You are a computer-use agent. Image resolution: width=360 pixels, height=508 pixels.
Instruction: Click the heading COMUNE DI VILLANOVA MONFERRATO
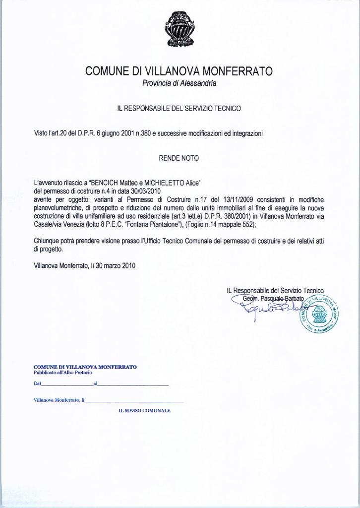point(179,71)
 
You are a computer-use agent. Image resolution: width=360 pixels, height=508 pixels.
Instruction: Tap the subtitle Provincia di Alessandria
point(179,83)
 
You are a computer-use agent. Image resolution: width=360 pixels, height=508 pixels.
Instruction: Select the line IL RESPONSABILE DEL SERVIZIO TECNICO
point(179,108)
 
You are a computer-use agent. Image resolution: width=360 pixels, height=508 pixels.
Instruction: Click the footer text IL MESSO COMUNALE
point(144,411)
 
